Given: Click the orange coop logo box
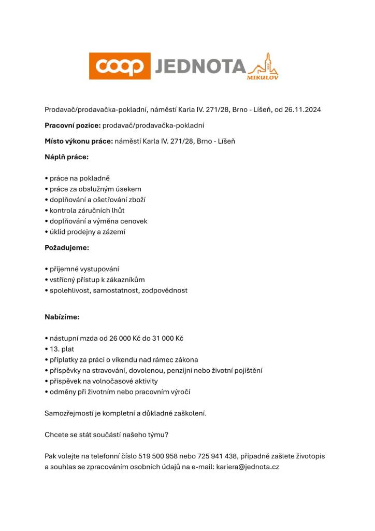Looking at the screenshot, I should pos(120,66).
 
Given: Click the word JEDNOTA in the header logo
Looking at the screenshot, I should pos(199,66).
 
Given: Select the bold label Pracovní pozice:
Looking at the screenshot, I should pos(73,125).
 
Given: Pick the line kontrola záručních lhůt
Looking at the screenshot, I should pos(85,210).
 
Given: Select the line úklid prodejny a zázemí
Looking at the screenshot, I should pos(85,232).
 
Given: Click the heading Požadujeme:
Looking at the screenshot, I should pos(67,247).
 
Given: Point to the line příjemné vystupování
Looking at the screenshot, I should pos(82,269).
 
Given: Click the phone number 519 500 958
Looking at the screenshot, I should pos(158,456).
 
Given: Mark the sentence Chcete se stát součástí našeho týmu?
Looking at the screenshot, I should pos(111,435).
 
